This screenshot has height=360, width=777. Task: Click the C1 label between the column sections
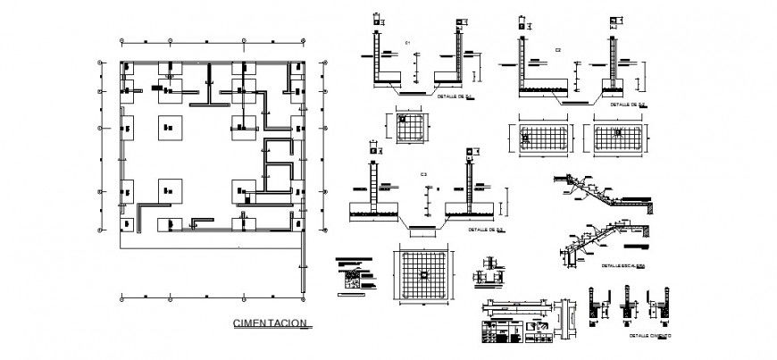click(407, 45)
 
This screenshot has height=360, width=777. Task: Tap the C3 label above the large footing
click(423, 173)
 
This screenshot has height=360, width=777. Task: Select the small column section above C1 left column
click(377, 20)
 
